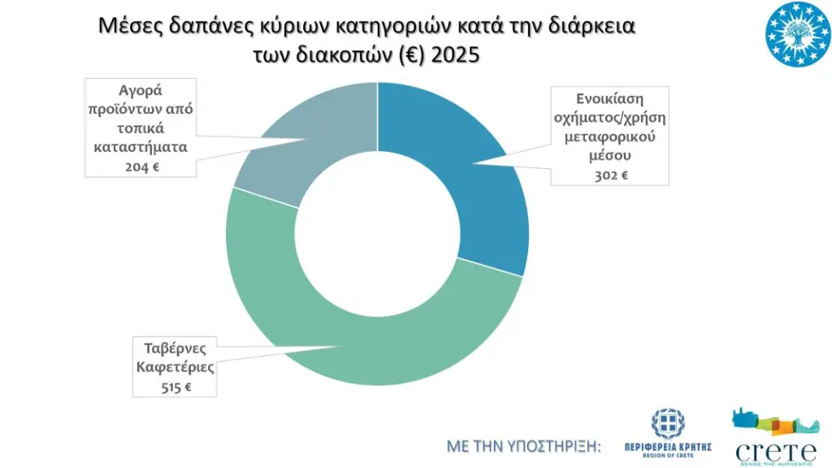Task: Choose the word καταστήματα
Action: (x=142, y=148)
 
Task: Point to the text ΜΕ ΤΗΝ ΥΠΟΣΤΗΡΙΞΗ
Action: (x=524, y=446)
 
